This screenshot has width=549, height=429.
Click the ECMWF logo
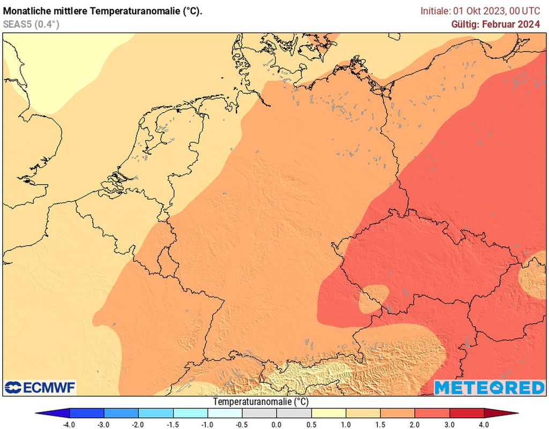click(40, 387)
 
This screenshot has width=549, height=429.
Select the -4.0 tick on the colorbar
click(69, 424)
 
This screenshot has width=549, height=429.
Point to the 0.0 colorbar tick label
click(277, 424)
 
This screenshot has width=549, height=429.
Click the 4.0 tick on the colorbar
click(484, 424)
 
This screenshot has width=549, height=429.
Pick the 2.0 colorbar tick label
click(415, 424)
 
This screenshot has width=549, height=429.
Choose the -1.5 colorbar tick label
click(173, 424)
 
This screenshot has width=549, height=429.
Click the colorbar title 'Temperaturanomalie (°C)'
click(261, 402)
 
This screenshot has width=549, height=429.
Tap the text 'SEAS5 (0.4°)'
click(31, 24)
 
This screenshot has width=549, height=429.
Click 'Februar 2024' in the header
click(511, 24)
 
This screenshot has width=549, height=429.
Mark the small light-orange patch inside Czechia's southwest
click(374, 299)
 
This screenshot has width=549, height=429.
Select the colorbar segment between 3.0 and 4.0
click(466, 413)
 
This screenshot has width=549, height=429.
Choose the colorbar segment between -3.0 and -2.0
click(121, 413)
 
